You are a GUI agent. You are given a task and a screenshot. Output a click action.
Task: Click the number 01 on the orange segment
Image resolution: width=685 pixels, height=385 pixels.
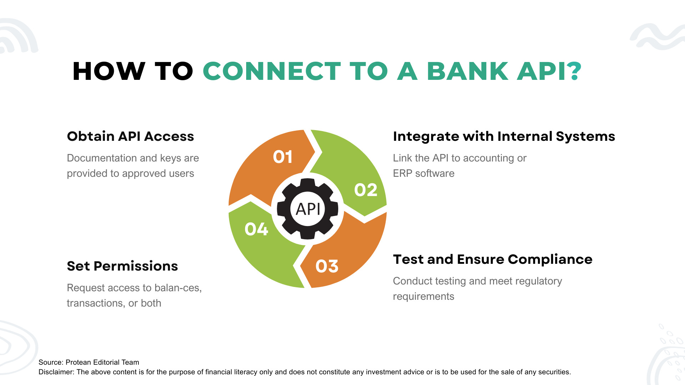(x=283, y=157)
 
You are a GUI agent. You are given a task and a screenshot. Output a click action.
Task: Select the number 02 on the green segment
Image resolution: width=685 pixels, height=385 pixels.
(x=366, y=190)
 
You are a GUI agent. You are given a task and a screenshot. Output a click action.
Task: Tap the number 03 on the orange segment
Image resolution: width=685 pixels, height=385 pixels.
(x=327, y=266)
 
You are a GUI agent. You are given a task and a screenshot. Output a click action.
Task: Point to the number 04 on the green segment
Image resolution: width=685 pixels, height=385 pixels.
(x=256, y=229)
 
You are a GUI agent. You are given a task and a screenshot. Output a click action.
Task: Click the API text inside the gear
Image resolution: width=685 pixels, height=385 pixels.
(x=308, y=209)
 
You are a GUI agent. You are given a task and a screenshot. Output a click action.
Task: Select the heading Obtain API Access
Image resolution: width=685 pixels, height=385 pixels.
(x=130, y=137)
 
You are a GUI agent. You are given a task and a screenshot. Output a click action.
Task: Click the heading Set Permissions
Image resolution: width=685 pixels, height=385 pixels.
(x=122, y=266)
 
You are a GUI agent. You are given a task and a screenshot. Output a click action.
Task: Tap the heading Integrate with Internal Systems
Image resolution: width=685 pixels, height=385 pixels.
(x=504, y=137)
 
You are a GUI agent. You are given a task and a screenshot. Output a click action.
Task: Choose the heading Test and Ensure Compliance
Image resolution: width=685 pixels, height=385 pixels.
(x=492, y=260)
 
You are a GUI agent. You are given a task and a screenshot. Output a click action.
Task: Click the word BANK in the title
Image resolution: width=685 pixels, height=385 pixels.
(x=467, y=71)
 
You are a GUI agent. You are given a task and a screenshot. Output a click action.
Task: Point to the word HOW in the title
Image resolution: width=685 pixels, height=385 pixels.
(x=109, y=71)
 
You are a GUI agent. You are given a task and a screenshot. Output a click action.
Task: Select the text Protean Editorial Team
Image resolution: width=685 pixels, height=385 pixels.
(x=102, y=363)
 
